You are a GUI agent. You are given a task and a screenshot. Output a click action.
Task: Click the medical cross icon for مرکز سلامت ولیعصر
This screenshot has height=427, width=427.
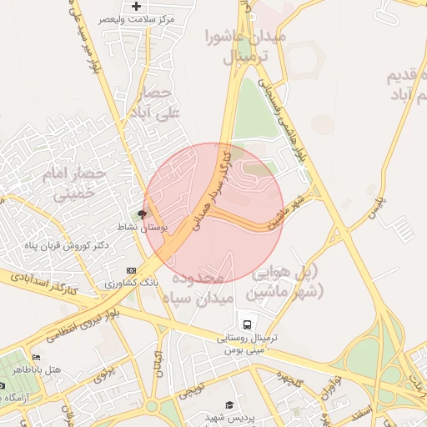137,6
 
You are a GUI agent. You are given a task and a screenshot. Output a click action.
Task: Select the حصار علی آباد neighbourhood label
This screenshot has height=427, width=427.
153,101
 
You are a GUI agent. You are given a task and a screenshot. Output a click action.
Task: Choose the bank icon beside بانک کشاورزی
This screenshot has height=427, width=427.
131,270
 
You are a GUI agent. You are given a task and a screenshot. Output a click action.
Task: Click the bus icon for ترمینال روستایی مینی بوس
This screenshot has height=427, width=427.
246,324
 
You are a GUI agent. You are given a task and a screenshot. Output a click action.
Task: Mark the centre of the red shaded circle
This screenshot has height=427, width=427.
214,213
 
